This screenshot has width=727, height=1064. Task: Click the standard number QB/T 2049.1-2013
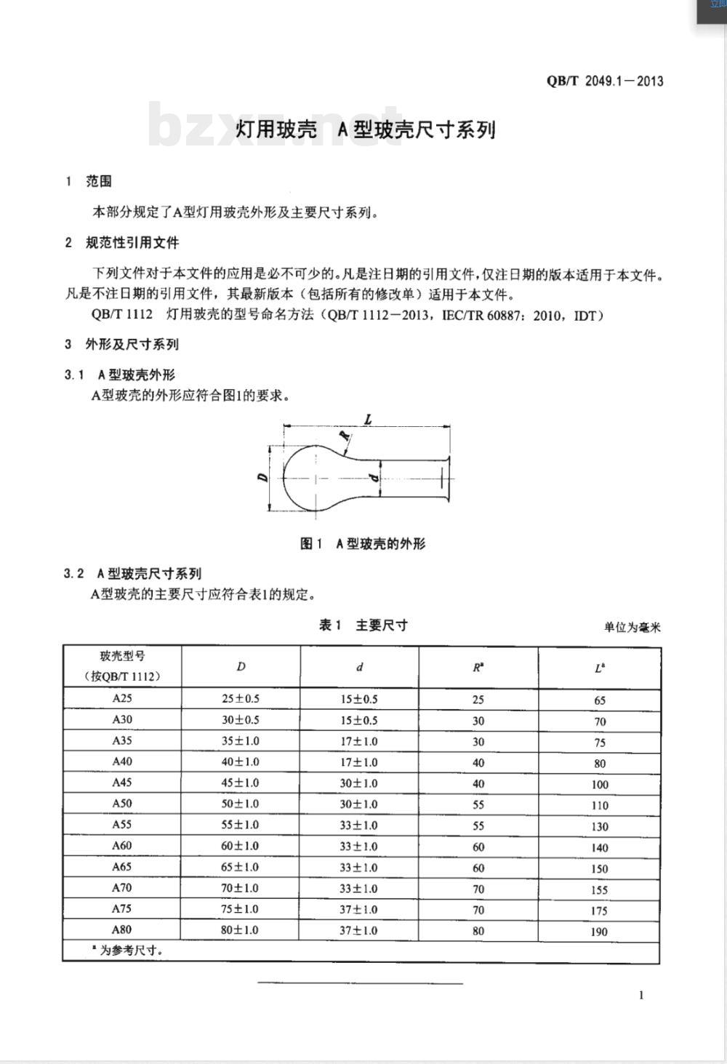coord(605,81)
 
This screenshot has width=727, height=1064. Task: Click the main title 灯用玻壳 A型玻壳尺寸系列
coord(366,129)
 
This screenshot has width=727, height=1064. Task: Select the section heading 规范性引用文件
coord(132,242)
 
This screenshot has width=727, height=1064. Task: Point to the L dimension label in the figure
coord(368,419)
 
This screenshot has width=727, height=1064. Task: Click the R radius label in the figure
coord(344,436)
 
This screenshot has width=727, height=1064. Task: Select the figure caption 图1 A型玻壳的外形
coord(363,543)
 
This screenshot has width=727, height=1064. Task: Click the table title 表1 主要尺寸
coord(363,625)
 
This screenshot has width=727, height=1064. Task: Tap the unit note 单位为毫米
coord(632,627)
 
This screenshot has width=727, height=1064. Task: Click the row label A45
coord(122,783)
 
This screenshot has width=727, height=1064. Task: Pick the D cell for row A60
coord(240,846)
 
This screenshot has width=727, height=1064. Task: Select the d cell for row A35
coord(359,741)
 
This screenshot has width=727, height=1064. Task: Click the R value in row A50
coord(478,804)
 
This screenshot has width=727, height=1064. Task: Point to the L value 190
coord(599,932)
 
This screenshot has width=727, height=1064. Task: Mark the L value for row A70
coord(599,889)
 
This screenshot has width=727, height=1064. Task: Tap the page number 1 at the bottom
coord(640,995)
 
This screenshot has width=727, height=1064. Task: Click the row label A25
coord(122,698)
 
